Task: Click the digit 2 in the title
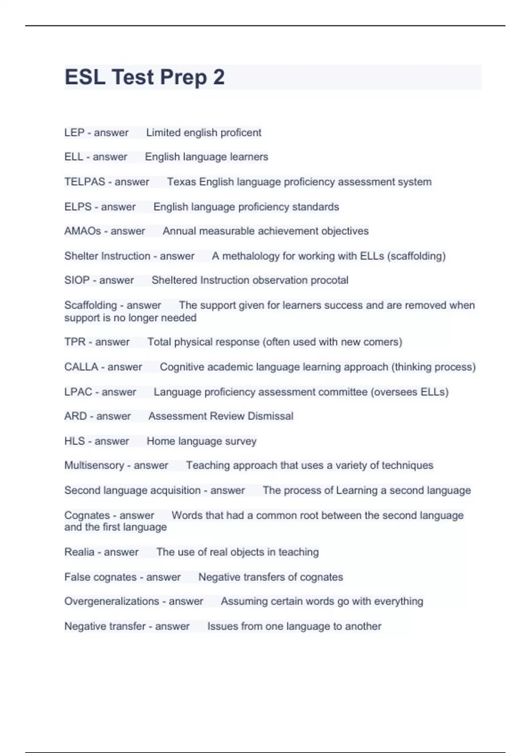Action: [219, 78]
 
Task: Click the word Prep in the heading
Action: [183, 78]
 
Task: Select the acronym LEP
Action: [74, 132]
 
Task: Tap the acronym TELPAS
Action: [85, 182]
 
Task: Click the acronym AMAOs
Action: [83, 231]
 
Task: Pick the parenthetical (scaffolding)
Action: [416, 256]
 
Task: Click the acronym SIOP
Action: [77, 280]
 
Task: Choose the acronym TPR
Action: [75, 342]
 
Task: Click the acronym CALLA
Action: [81, 367]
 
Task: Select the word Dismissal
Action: [270, 416]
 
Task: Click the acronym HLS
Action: [74, 441]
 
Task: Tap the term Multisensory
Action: [94, 465]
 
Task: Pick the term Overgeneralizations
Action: [112, 601]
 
